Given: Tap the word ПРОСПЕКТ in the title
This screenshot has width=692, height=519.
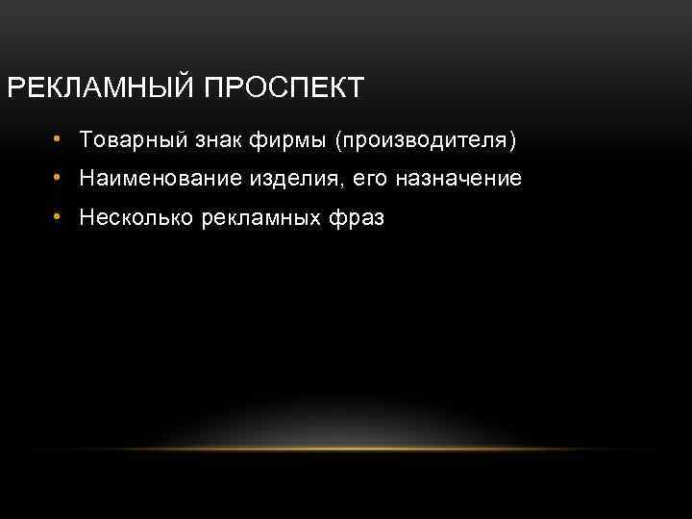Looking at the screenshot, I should point(284,88).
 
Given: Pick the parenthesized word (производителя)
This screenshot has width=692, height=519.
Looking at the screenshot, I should point(425,141).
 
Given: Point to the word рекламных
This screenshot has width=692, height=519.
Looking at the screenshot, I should point(259,218).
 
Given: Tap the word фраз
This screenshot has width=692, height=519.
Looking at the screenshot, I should point(357,219).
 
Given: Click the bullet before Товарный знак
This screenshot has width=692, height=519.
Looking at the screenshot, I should point(58,140).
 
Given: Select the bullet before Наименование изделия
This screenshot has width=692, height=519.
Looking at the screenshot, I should point(58,179).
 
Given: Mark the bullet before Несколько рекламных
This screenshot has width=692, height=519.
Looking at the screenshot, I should point(58,217).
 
